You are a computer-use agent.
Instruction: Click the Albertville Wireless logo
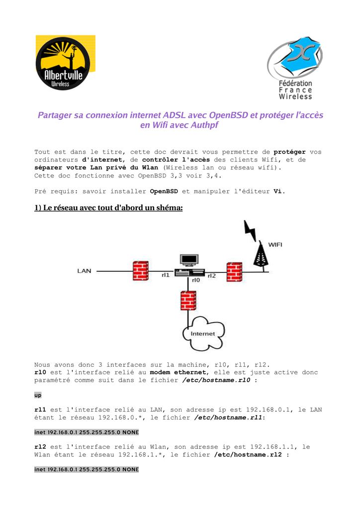(65, 63)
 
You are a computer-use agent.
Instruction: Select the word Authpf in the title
(200, 125)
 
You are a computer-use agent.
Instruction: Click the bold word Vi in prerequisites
(278, 191)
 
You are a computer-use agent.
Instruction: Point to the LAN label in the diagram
(84, 271)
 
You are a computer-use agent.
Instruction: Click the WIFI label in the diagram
(275, 245)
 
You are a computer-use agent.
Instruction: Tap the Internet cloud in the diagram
(203, 333)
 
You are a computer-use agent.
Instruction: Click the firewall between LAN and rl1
(141, 271)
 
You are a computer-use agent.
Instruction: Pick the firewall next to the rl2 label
(234, 272)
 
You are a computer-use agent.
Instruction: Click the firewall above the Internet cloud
(187, 301)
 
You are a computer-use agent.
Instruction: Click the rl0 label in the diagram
(196, 280)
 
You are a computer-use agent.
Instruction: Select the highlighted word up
(38, 395)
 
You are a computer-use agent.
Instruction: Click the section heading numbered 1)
(108, 207)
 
